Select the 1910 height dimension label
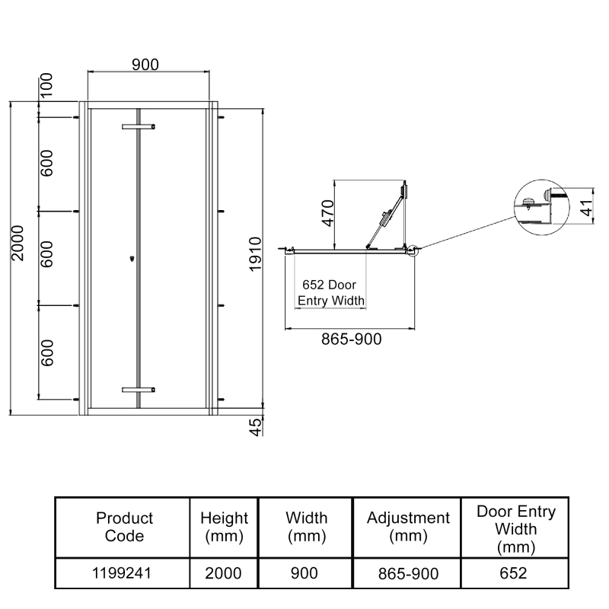point(256,255)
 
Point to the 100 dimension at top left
point(46,83)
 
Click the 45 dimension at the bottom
point(256,426)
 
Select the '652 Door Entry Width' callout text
point(330,293)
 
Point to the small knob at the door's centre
point(132,260)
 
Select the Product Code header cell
point(124,526)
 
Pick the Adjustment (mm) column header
point(408,526)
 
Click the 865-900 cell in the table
point(408,572)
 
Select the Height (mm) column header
point(224,526)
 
